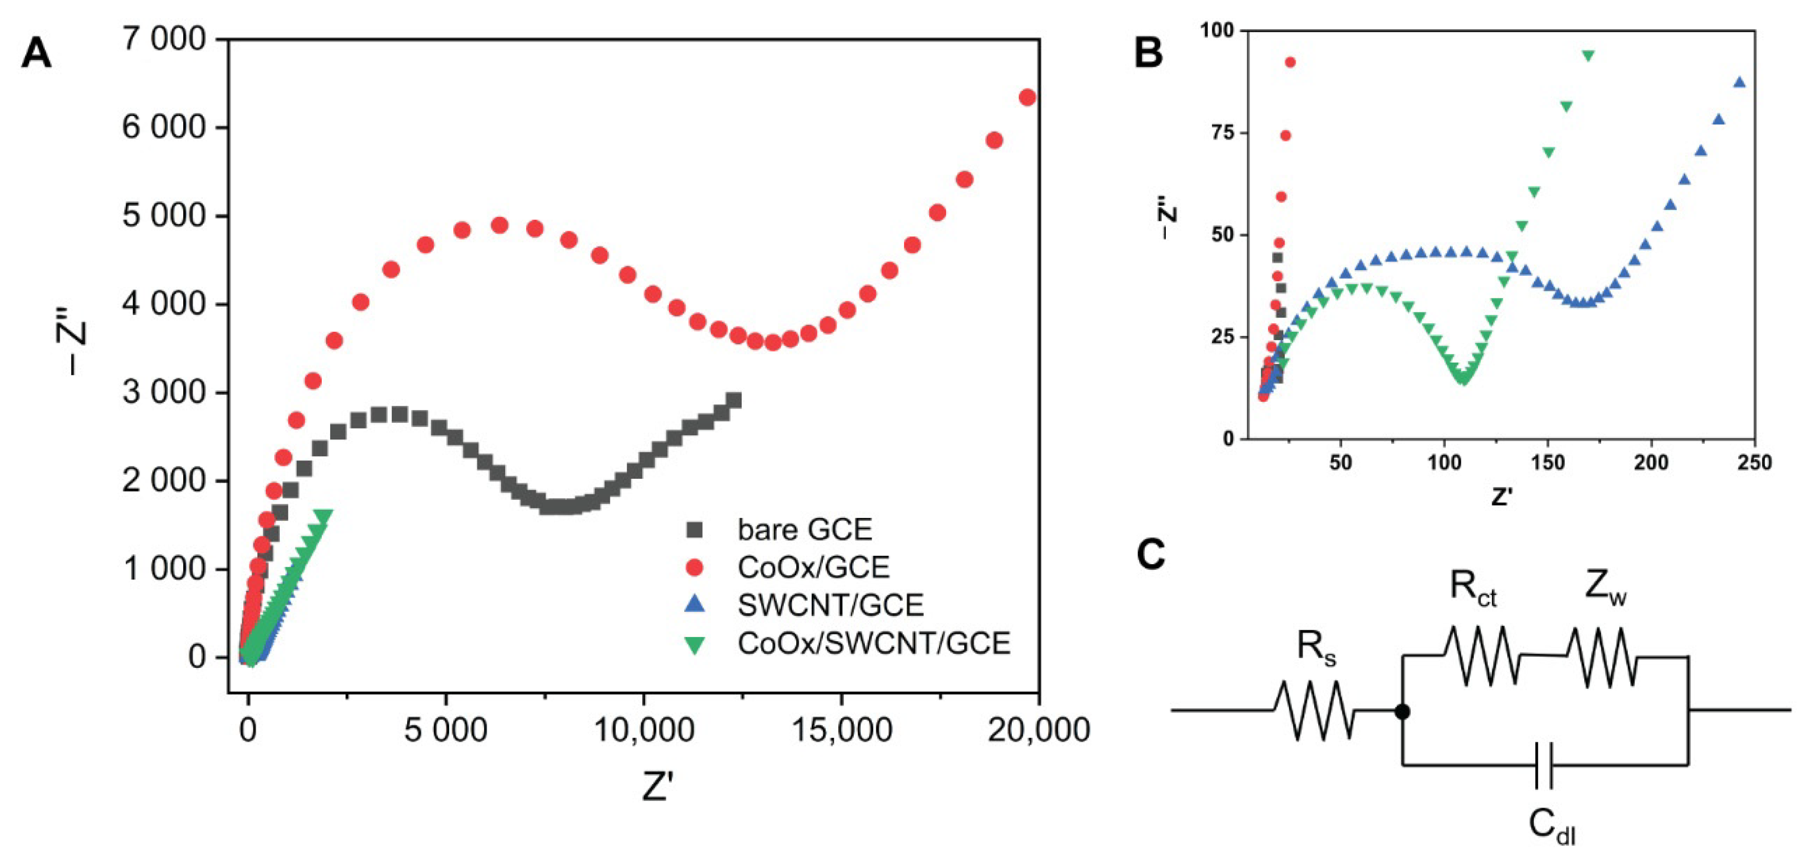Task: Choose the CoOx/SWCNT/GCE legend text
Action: tap(874, 643)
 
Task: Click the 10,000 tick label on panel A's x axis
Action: tap(644, 731)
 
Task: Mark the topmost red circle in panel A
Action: tap(1027, 98)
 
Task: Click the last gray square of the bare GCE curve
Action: tap(734, 400)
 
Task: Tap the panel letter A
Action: tap(36, 53)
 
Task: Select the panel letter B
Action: tap(1148, 53)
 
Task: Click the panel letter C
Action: tap(1151, 555)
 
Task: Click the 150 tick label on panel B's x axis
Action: tap(1548, 463)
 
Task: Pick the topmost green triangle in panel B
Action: tap(1588, 55)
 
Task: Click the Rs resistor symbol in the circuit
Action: tap(1314, 710)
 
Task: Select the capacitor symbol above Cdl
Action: tap(1544, 765)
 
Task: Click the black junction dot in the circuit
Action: tap(1402, 712)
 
